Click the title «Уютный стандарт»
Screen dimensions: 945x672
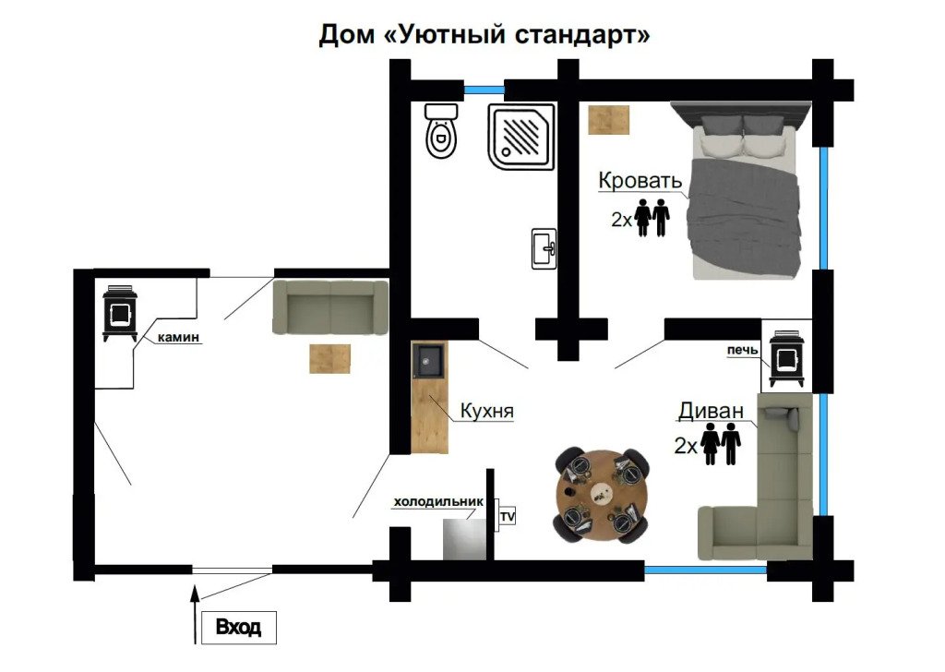517,34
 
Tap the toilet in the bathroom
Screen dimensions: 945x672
441,130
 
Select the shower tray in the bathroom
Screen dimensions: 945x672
521,137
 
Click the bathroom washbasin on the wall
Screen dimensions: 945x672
544,248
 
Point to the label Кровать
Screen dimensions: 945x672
640,180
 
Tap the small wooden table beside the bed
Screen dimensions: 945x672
609,120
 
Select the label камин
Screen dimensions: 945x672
178,338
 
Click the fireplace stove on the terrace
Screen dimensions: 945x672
120,314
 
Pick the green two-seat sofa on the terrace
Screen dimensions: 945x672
330,306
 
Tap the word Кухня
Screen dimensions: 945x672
487,411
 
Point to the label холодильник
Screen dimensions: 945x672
438,501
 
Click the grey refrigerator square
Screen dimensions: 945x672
464,539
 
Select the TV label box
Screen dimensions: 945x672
508,517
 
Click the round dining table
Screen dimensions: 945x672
602,495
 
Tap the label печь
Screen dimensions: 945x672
743,350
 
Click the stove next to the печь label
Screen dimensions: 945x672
787,358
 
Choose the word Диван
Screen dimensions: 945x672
711,411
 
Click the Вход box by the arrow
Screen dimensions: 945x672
239,628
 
